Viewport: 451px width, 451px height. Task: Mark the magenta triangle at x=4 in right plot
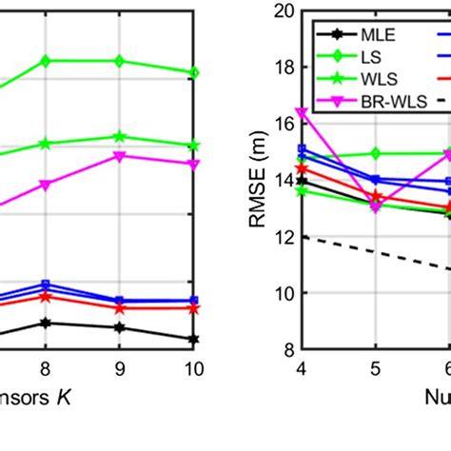click(302, 112)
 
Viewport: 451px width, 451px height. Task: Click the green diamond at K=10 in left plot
click(193, 72)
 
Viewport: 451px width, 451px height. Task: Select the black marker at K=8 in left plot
click(45, 323)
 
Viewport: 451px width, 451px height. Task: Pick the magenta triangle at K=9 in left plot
click(119, 155)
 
